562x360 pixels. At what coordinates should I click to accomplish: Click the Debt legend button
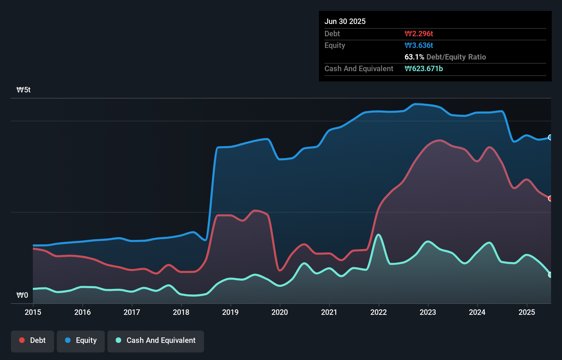tap(33, 340)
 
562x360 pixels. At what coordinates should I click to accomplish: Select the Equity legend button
tap(81, 340)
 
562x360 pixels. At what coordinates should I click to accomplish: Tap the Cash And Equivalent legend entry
tap(156, 340)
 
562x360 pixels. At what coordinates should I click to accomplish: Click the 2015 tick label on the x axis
tap(33, 312)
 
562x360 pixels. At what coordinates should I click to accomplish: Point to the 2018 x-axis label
tap(181, 312)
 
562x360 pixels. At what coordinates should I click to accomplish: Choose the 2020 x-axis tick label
tap(280, 312)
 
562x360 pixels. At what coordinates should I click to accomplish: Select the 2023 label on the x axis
tap(428, 312)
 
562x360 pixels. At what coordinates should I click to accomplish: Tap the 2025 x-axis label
tap(527, 312)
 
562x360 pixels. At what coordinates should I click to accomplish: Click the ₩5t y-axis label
tap(24, 90)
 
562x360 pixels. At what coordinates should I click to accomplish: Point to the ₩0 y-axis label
tap(22, 295)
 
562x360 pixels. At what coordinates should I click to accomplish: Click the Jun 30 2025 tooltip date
tap(345, 21)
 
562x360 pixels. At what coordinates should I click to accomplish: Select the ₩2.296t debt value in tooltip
tap(419, 34)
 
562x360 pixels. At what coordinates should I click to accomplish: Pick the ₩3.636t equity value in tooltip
tap(419, 45)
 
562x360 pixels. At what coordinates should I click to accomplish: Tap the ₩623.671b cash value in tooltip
tap(424, 68)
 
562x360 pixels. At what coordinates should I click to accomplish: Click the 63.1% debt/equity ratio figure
tap(414, 57)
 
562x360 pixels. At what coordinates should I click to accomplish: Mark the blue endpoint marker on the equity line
tap(550, 137)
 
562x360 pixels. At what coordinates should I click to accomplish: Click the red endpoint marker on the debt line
tap(550, 198)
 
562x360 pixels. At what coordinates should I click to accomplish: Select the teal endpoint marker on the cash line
tap(550, 275)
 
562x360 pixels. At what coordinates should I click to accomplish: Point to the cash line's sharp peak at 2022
tap(378, 235)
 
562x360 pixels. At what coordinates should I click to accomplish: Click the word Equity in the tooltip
tap(335, 45)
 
